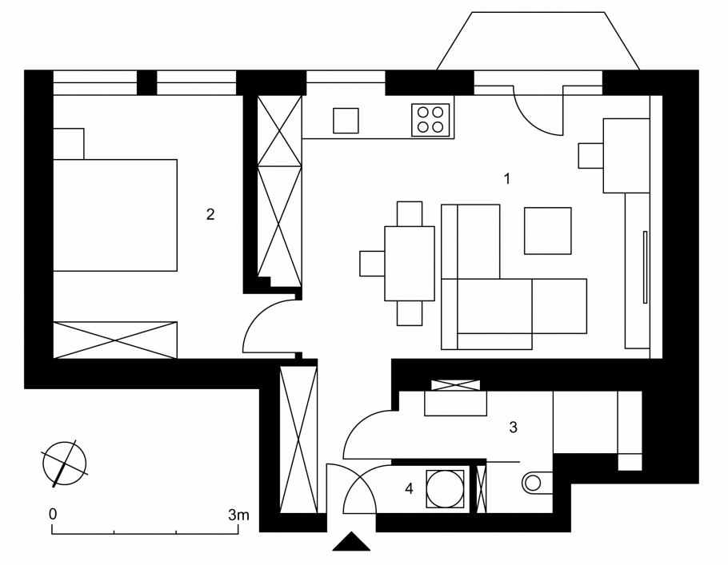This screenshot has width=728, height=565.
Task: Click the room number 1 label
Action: tap(507, 178)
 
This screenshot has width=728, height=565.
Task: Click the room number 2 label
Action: tap(210, 214)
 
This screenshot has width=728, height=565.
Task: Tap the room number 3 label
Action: tap(513, 428)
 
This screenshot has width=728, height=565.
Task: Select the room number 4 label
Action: tap(409, 488)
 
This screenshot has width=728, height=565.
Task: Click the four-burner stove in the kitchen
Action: tap(430, 120)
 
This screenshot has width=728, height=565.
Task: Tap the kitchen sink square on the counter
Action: tap(346, 121)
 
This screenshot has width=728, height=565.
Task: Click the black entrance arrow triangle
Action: tap(351, 541)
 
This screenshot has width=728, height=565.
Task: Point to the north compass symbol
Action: tap(65, 464)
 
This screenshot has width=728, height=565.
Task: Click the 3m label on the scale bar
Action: tap(238, 515)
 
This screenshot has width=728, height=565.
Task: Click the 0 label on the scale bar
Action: tap(53, 514)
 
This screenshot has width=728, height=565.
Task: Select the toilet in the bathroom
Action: tap(538, 483)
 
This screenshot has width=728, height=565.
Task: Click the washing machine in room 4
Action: tap(445, 488)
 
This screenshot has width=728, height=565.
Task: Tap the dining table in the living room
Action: tap(410, 264)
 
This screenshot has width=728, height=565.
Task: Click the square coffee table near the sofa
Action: tap(548, 230)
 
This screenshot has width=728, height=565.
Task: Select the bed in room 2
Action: tap(115, 215)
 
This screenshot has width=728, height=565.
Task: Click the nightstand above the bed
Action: tap(69, 144)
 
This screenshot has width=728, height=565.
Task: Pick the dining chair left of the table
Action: tap(372, 264)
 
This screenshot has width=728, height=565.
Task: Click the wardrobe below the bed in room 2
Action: tap(115, 340)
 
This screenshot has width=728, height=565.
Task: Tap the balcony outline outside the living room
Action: tap(538, 41)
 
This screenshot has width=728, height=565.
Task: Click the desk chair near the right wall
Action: tap(590, 156)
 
